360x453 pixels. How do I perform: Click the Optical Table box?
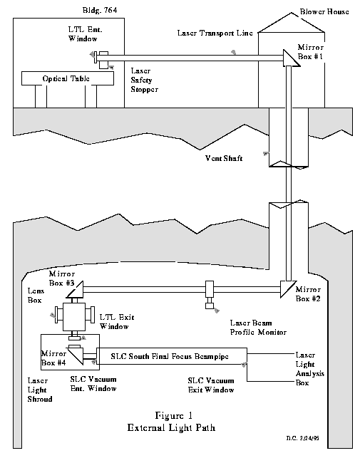point(68,78)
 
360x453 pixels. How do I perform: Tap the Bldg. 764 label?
point(100,11)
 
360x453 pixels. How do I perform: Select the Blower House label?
point(324,12)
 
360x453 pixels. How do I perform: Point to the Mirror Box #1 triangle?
point(291,58)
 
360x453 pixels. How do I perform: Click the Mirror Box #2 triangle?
point(287,289)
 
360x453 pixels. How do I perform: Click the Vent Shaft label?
point(224,158)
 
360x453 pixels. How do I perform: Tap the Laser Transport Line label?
point(215,33)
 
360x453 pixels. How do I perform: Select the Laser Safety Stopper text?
point(144,80)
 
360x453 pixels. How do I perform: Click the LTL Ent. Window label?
point(85,34)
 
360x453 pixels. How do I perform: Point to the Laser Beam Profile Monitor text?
point(258,328)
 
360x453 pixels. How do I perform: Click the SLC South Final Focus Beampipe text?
point(170,357)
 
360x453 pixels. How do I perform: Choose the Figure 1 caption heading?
point(173,416)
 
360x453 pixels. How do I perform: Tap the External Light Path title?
point(171,427)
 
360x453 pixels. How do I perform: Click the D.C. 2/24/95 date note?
point(303,438)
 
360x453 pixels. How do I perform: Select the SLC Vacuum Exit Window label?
point(211,385)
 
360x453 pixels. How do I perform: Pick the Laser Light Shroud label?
point(40,390)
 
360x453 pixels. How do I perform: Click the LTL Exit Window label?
point(117,322)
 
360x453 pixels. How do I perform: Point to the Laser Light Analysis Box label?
point(309,369)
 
